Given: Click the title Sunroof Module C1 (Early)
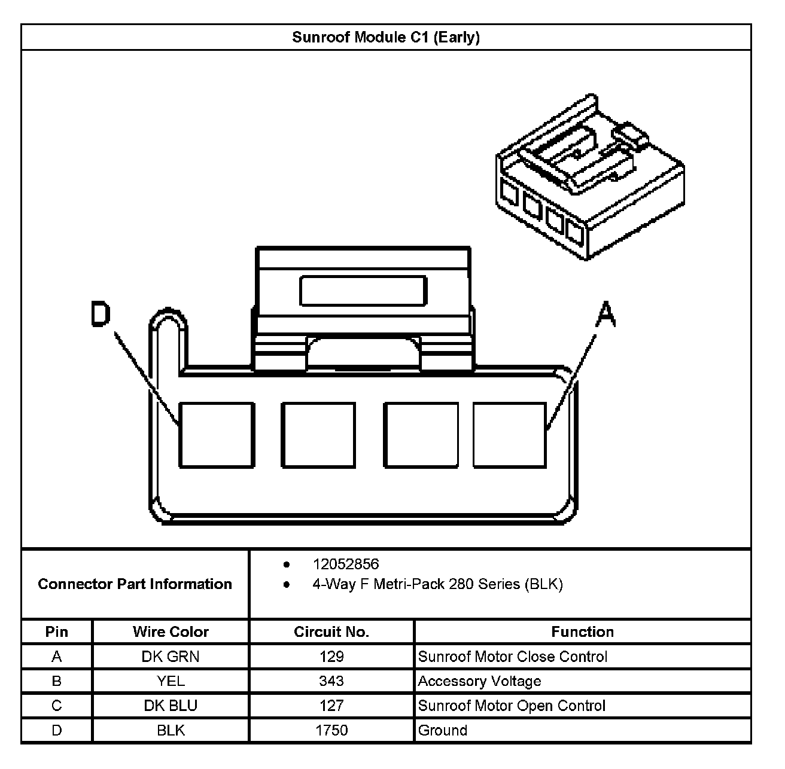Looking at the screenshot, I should point(386,38).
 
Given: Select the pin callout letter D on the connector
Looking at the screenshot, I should point(101,315).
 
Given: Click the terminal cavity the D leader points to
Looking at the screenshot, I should point(216,435).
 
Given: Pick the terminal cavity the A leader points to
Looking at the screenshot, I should point(509,435).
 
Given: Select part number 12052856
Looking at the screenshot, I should point(346,564).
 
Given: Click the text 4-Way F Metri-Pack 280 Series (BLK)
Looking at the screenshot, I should point(437,584).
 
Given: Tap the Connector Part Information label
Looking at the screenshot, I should point(135,584).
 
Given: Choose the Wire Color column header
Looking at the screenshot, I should point(171,632).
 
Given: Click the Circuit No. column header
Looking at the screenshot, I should point(331,632).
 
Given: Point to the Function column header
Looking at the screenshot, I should point(582,632).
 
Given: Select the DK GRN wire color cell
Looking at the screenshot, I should point(171,657).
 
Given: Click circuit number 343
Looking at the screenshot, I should point(331,681).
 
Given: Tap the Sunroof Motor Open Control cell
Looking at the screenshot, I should point(512,706).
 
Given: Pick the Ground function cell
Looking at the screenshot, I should point(443,730).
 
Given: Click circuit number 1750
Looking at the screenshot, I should point(331,730).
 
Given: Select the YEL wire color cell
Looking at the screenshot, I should point(171,681).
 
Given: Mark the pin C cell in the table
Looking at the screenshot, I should point(57,706).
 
